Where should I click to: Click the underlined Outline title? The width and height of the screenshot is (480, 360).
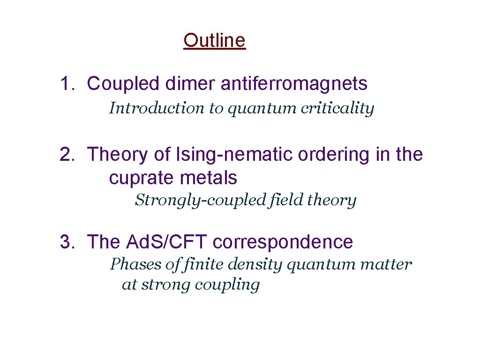click(x=214, y=41)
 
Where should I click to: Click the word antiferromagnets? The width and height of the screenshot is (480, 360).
click(x=287, y=84)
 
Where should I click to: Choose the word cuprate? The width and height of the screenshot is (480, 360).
click(x=138, y=179)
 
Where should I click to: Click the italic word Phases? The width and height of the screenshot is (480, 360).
click(x=135, y=264)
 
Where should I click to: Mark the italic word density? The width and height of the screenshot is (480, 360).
click(x=255, y=265)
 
